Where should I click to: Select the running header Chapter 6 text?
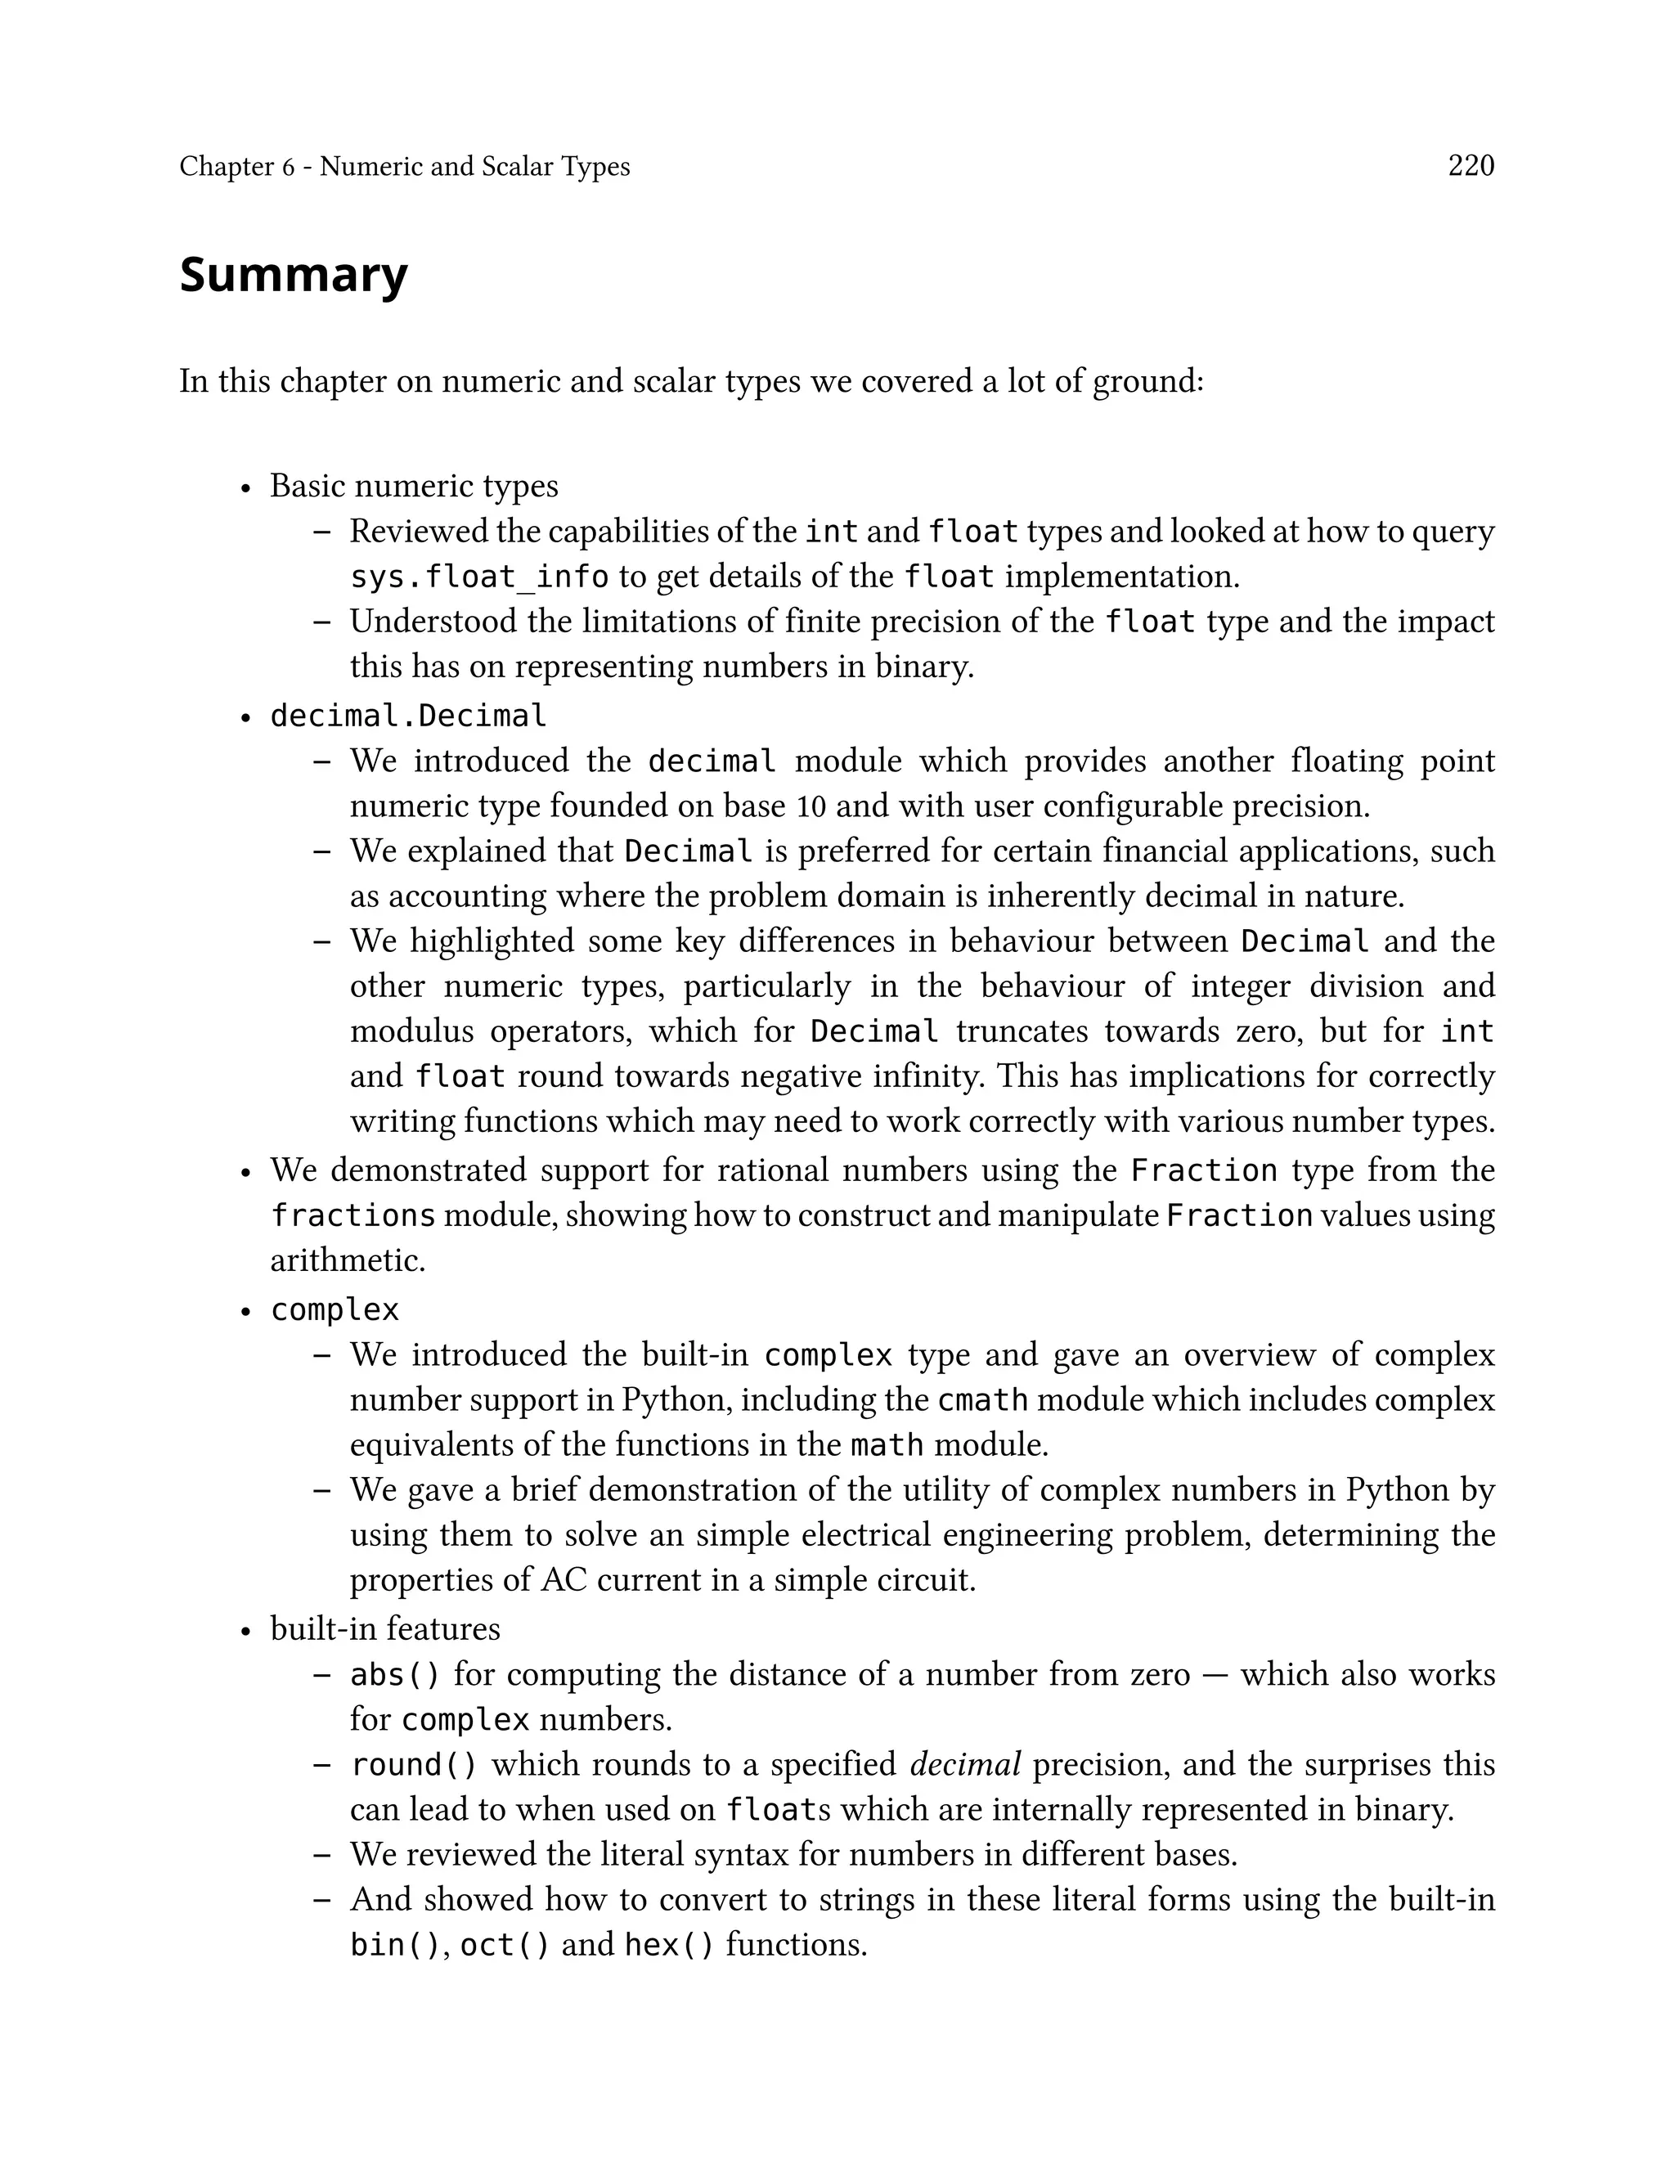pos(404,167)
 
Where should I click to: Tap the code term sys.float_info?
pos(478,577)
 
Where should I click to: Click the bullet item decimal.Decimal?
pos(408,716)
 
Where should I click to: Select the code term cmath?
pos(982,1400)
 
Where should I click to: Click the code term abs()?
pos(395,1675)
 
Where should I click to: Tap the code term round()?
pos(414,1765)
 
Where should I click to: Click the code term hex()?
pos(669,1945)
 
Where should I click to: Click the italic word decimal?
pos(965,1765)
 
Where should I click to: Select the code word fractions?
pos(353,1216)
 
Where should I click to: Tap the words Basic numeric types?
pos(414,487)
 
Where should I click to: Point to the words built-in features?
pos(385,1628)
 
